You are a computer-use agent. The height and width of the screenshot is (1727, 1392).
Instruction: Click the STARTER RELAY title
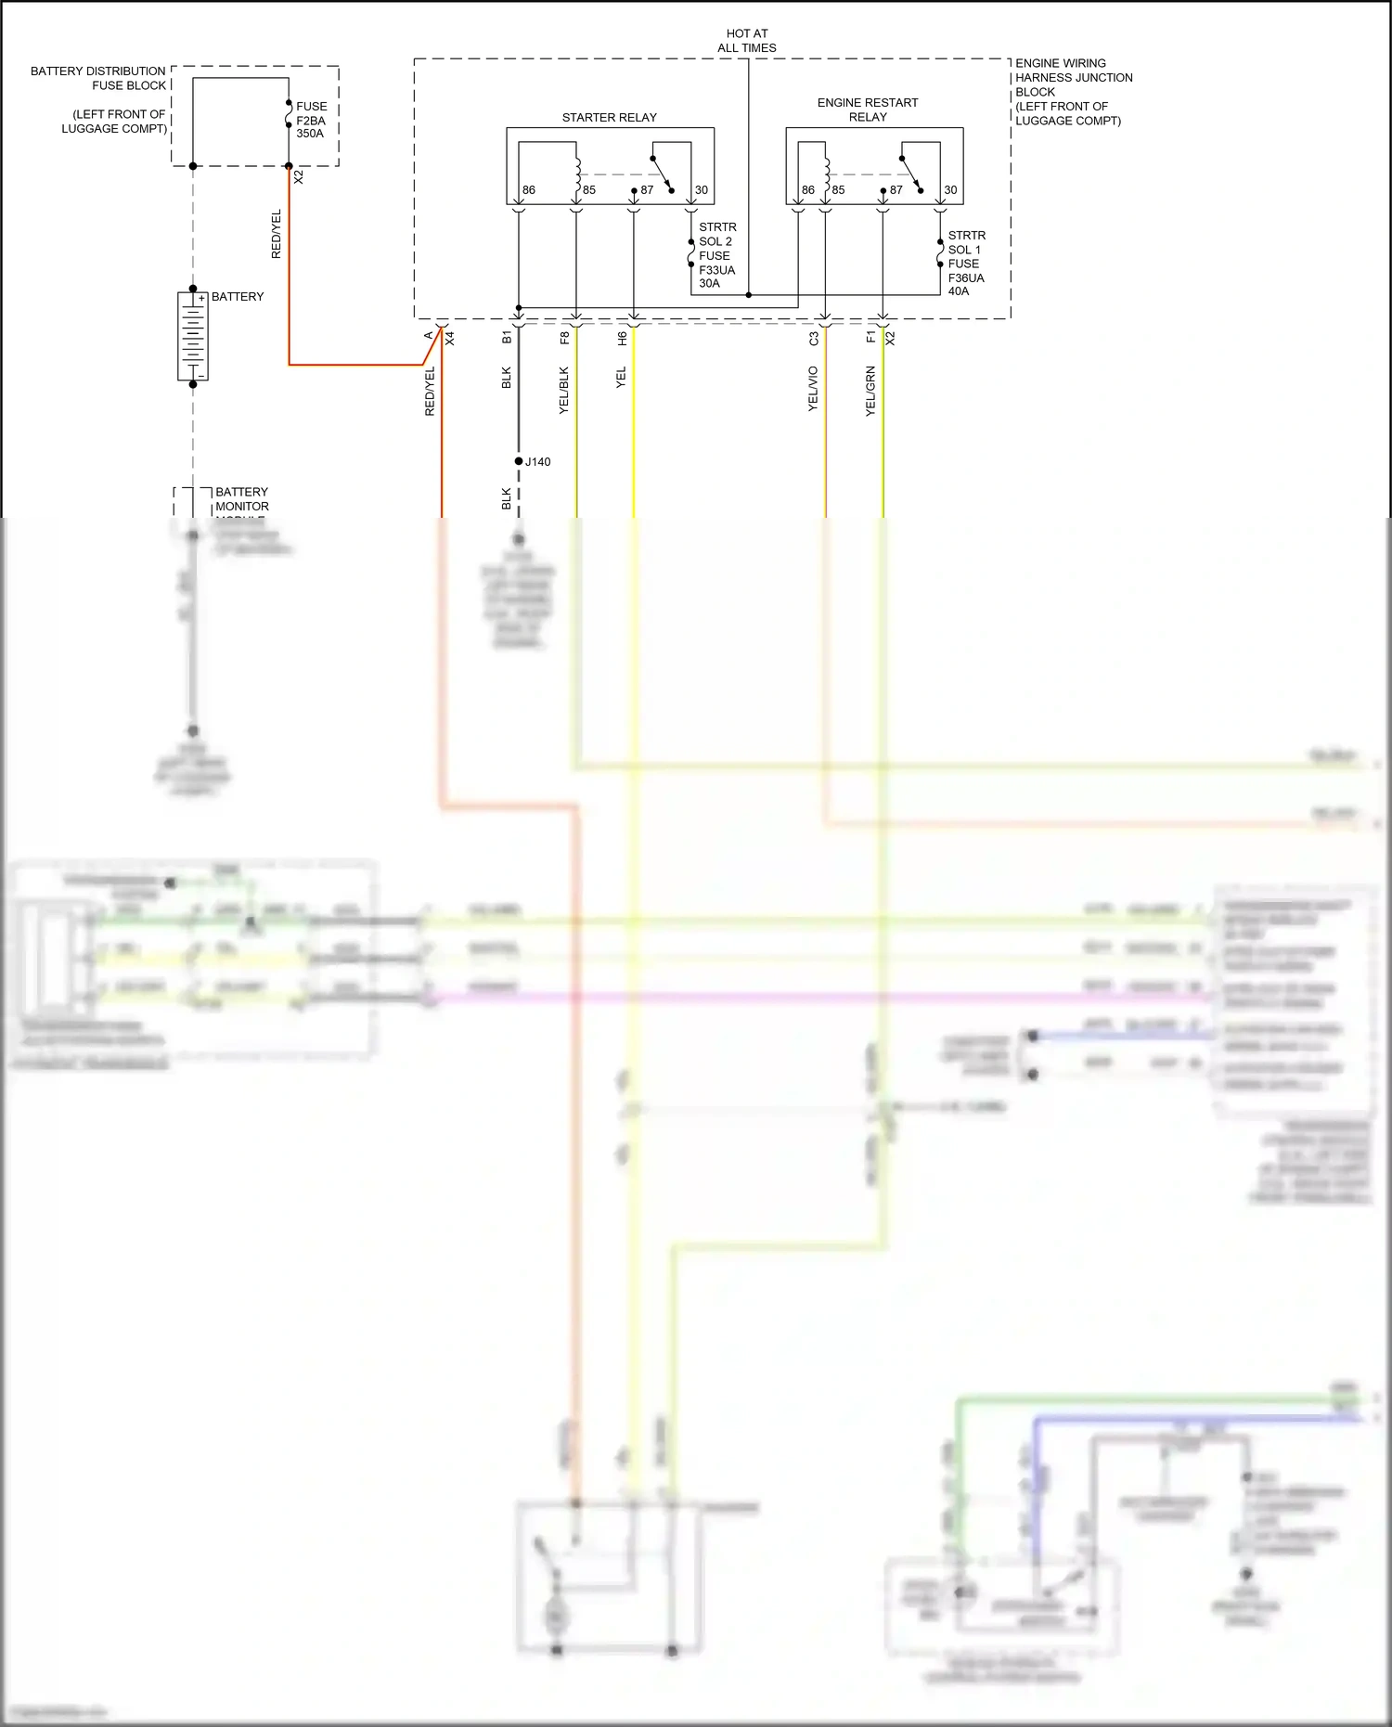click(609, 118)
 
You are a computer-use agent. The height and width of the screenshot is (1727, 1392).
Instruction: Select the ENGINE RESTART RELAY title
click(867, 110)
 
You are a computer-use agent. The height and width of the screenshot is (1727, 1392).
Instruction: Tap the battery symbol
click(193, 336)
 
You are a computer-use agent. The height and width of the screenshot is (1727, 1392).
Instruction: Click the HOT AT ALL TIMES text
click(747, 41)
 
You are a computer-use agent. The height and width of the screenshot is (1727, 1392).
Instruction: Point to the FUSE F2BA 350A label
click(311, 120)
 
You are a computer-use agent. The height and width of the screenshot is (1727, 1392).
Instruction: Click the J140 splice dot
click(519, 461)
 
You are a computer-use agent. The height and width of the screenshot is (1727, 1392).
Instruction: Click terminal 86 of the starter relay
click(528, 190)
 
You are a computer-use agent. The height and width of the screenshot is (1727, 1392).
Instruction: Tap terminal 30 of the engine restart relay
click(950, 190)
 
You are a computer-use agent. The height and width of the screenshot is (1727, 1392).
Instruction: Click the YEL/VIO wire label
click(813, 389)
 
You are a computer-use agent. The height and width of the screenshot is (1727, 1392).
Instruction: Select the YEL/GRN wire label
click(870, 391)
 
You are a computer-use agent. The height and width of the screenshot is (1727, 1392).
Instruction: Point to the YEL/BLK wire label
click(564, 390)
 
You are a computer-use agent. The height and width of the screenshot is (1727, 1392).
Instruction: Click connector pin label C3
click(814, 339)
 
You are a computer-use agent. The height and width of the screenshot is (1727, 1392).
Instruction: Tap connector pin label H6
click(622, 339)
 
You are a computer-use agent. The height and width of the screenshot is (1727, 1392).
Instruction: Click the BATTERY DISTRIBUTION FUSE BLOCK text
click(98, 78)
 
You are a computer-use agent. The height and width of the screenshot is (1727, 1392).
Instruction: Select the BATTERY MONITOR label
click(242, 499)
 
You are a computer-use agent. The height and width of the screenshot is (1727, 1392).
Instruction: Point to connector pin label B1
click(507, 338)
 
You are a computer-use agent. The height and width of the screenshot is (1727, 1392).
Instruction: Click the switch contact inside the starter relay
click(662, 174)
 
